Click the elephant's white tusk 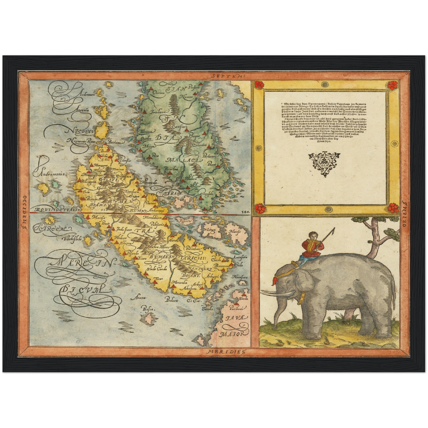278,293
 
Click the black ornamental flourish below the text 324,163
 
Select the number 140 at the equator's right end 246,212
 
